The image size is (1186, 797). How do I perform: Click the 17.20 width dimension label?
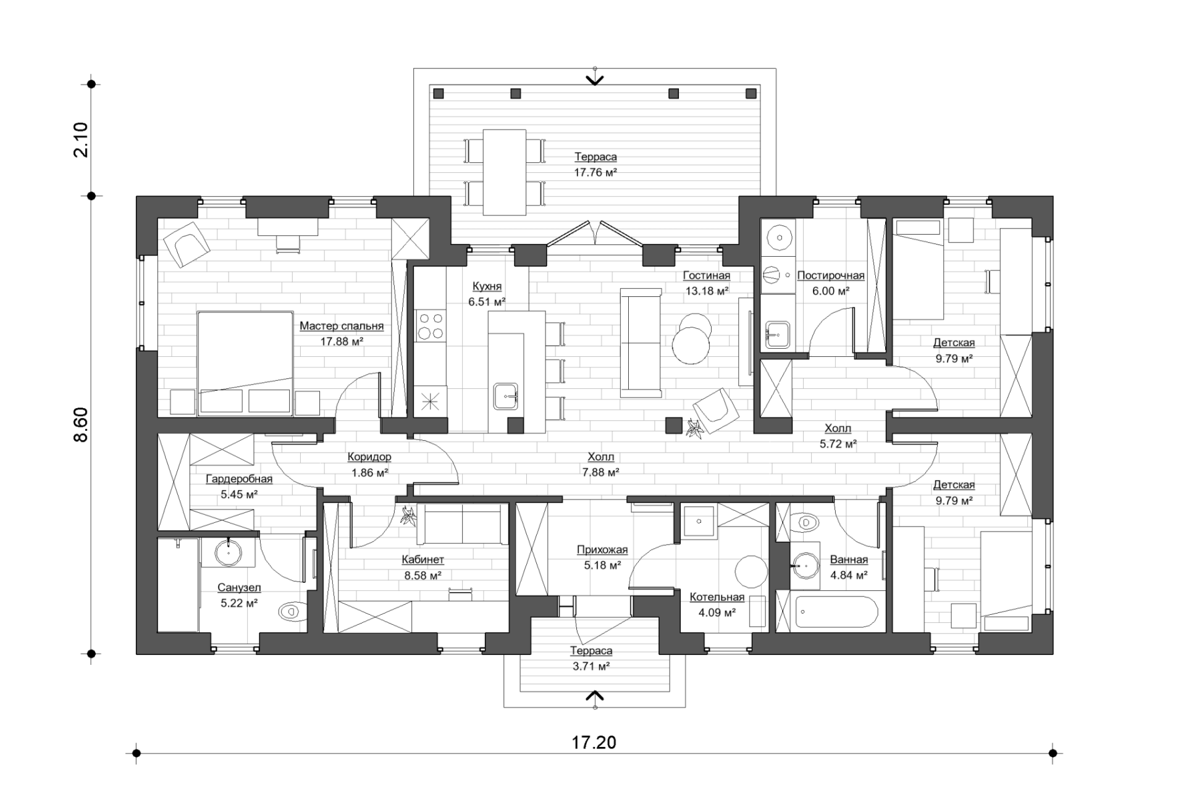pyautogui.click(x=594, y=742)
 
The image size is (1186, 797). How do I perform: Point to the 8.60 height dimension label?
pyautogui.click(x=81, y=425)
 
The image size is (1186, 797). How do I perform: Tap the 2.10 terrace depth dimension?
pyautogui.click(x=81, y=140)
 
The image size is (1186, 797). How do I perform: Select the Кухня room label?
pyautogui.click(x=487, y=286)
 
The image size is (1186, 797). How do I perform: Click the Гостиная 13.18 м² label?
pyautogui.click(x=707, y=283)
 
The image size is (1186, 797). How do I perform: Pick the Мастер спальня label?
pyautogui.click(x=342, y=326)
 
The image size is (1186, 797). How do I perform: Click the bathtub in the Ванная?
pyautogui.click(x=836, y=612)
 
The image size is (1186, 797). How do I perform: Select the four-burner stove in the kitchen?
pyautogui.click(x=430, y=326)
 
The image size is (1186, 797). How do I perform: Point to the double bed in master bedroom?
pyautogui.click(x=245, y=363)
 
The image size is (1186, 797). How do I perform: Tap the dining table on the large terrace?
pyautogui.click(x=505, y=172)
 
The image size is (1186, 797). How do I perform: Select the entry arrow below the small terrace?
pyautogui.click(x=595, y=696)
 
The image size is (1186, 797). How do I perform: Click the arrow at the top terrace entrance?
pyautogui.click(x=595, y=80)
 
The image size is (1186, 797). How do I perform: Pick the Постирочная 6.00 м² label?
pyautogui.click(x=831, y=283)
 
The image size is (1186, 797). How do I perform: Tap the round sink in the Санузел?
pyautogui.click(x=229, y=553)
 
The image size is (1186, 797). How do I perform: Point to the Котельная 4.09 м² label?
pyautogui.click(x=717, y=605)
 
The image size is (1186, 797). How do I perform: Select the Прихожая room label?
pyautogui.click(x=602, y=549)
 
